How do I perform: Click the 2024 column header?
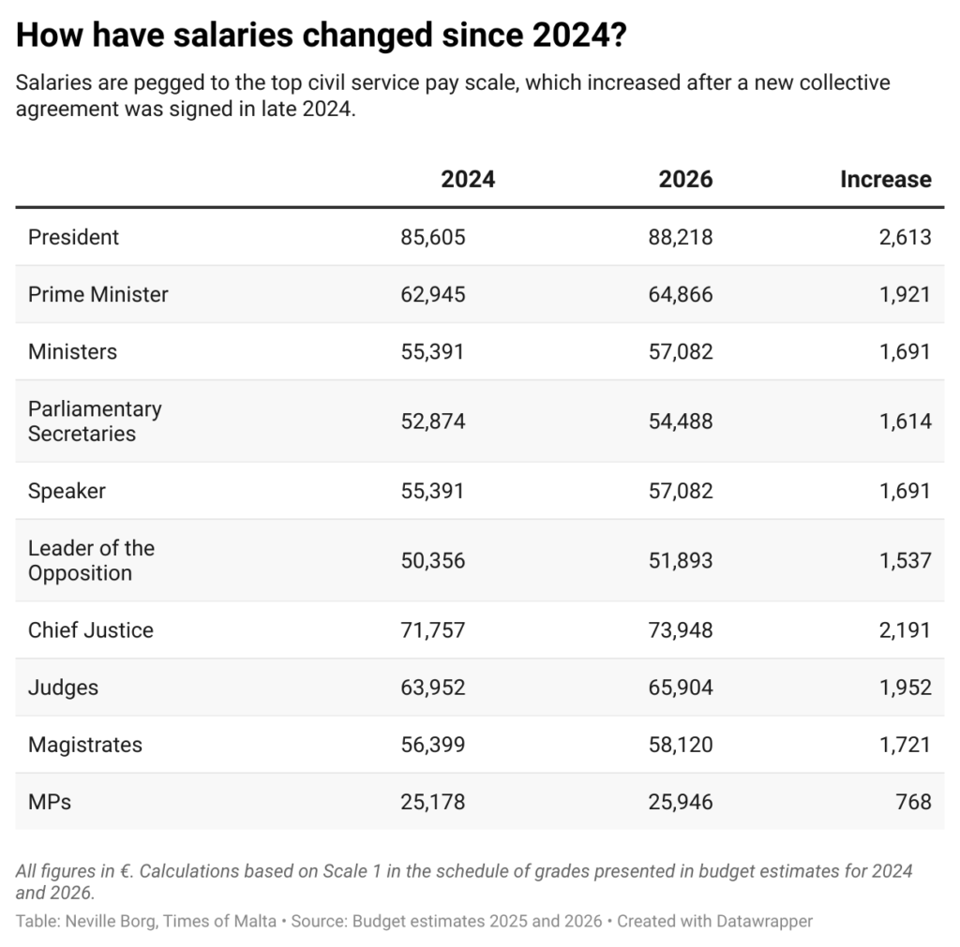click(468, 179)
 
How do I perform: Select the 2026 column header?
click(685, 179)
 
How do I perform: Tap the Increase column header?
click(885, 179)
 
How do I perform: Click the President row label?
click(73, 237)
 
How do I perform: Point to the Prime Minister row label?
click(97, 294)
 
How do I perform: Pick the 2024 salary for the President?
click(432, 237)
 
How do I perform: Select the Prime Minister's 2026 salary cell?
click(680, 294)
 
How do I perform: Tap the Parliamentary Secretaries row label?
click(94, 421)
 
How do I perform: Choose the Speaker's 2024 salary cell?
click(432, 491)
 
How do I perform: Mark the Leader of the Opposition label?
click(91, 560)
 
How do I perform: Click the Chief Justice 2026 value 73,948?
click(680, 629)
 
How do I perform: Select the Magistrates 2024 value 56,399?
click(432, 745)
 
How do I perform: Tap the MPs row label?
click(50, 802)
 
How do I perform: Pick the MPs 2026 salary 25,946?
click(680, 802)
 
